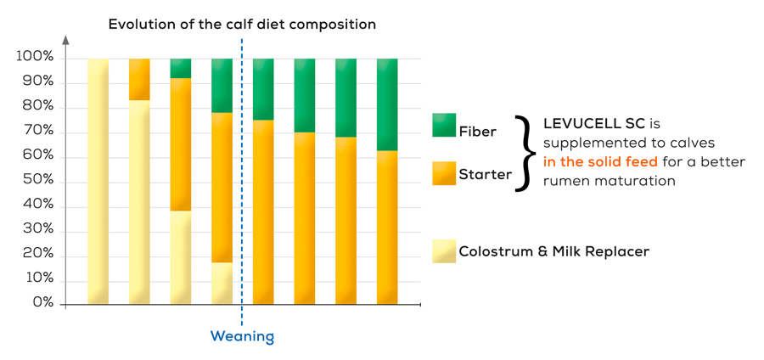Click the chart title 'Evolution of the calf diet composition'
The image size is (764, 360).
pyautogui.click(x=242, y=25)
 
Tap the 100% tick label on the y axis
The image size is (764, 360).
pyautogui.click(x=35, y=57)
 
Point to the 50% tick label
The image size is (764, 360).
pyautogui.click(x=38, y=181)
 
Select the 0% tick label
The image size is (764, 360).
pyautogui.click(x=43, y=303)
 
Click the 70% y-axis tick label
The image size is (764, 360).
pyautogui.click(x=38, y=132)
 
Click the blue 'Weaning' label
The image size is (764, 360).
pyautogui.click(x=242, y=336)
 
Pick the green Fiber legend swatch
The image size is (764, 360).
pyautogui.click(x=444, y=125)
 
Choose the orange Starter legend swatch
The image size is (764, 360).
pyautogui.click(x=444, y=173)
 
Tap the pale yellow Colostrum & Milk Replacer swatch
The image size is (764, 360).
pyautogui.click(x=444, y=250)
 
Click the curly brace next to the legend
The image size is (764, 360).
pyautogui.click(x=527, y=153)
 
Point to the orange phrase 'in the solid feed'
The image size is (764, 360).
pyautogui.click(x=601, y=161)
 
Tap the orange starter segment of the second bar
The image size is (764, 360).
pyautogui.click(x=139, y=80)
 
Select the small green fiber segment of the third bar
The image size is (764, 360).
pyautogui.click(x=181, y=68)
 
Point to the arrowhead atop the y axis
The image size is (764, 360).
pyautogui.click(x=65, y=40)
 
